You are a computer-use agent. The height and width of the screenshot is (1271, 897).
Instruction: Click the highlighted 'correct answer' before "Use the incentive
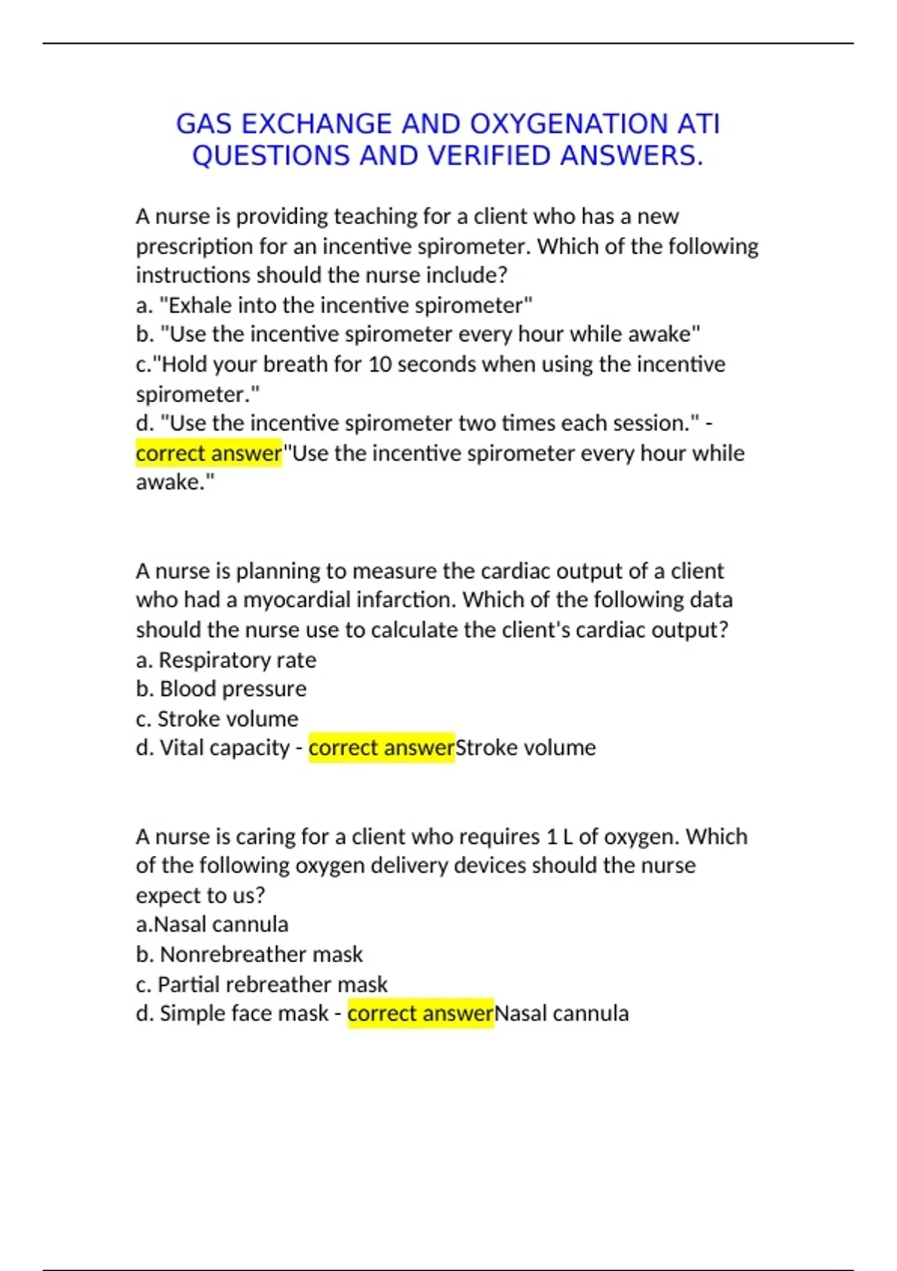(x=209, y=453)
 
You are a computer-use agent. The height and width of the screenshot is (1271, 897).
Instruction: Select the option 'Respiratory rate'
(x=237, y=659)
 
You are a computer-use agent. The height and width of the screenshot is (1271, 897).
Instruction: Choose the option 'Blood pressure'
(x=232, y=689)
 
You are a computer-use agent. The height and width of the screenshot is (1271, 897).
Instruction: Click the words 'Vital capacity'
(x=224, y=748)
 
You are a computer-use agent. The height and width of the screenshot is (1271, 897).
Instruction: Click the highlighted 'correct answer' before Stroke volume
(x=381, y=748)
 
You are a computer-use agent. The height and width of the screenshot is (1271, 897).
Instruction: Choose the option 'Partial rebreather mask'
(x=272, y=984)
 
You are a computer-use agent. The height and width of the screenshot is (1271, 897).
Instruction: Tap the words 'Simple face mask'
(x=244, y=1013)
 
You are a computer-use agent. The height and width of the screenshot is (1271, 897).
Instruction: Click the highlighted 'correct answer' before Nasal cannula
(x=420, y=1013)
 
